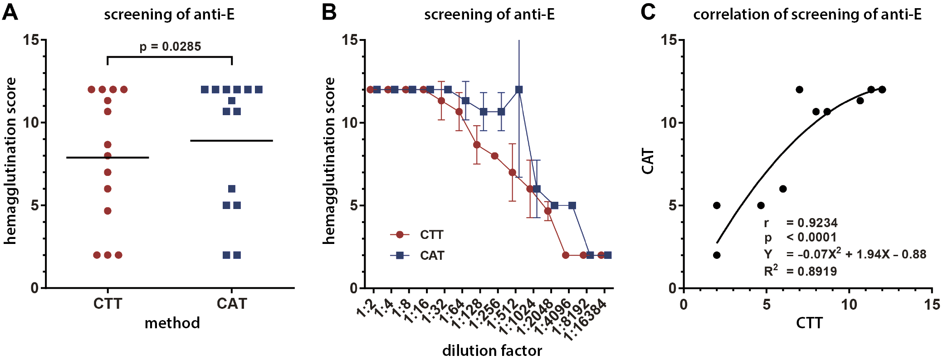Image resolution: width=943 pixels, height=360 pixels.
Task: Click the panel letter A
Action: point(10,12)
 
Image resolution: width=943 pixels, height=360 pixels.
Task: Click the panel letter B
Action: point(329,12)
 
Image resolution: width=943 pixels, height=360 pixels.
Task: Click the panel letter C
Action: point(648,12)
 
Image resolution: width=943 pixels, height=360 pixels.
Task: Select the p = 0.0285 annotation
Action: point(170,47)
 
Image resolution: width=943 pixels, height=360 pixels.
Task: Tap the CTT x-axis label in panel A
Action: point(107,303)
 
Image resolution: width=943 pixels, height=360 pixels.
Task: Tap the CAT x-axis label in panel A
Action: point(232,303)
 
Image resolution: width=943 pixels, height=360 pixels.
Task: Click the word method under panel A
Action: point(172,323)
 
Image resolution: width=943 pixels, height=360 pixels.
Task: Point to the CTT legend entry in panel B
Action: point(431,235)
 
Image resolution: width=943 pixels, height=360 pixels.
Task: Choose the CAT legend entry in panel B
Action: point(431,256)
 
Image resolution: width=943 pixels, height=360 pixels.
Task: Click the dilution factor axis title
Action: point(492,350)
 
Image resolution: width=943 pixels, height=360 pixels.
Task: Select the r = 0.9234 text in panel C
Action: point(801,223)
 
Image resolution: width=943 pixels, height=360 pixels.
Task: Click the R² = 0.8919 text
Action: point(801,271)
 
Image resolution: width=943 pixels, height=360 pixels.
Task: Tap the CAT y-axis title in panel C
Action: point(648,161)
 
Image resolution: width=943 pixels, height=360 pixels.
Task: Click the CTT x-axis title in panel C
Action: point(809,323)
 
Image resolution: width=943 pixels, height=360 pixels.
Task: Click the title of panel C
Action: point(807,15)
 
